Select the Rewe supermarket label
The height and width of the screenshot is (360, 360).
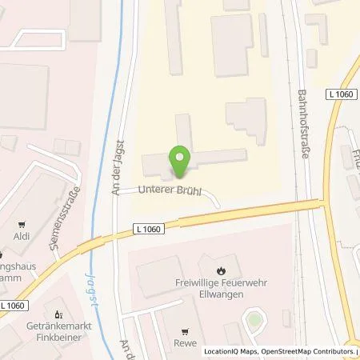186,346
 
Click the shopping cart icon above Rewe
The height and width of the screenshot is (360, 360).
186,331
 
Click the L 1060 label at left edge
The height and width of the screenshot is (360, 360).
13,306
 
